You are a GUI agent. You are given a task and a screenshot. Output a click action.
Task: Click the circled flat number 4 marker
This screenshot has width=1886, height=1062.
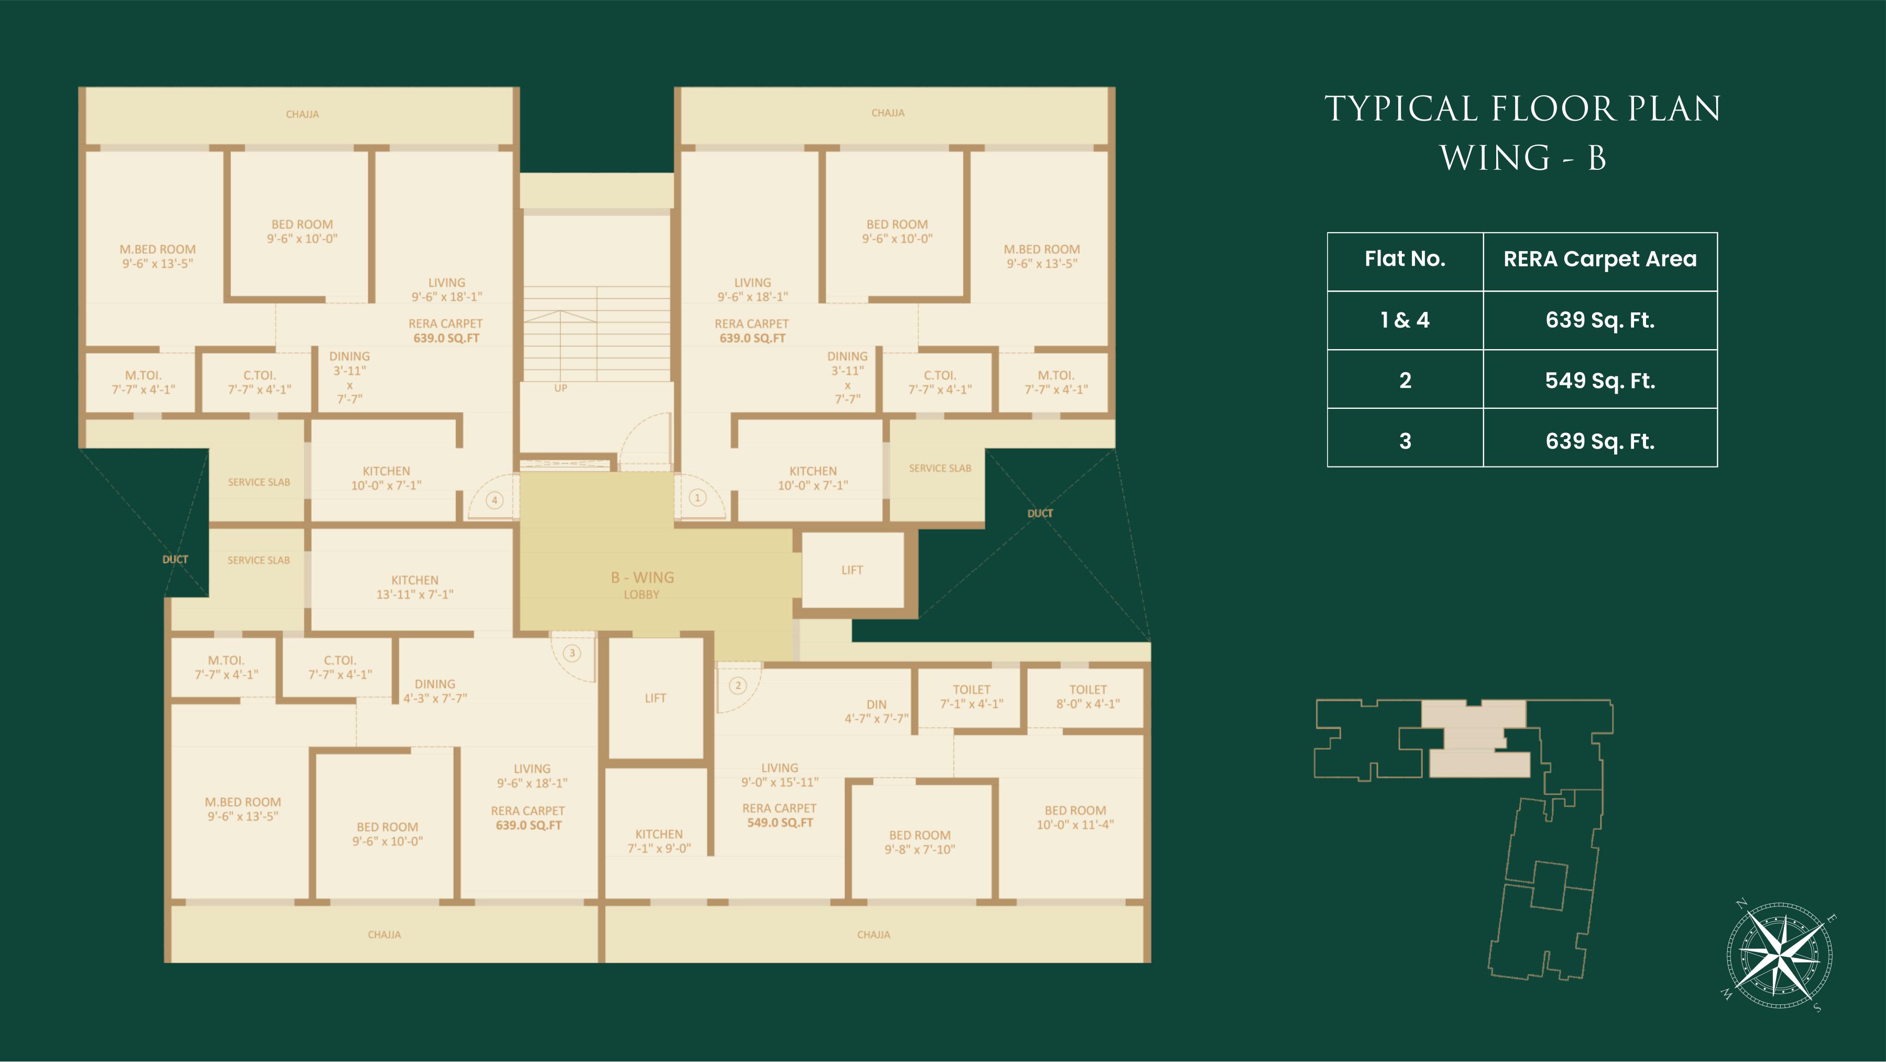(495, 500)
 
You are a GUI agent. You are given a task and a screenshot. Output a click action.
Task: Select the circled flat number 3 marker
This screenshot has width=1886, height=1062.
(572, 653)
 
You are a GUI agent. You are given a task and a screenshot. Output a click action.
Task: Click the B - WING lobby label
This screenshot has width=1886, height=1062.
(642, 585)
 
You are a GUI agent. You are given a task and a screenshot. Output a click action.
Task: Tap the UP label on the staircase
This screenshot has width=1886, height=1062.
(561, 388)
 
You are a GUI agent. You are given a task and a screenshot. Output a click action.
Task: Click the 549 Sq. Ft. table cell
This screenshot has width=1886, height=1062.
(1600, 380)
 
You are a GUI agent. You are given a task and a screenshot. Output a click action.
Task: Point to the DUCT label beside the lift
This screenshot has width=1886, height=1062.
(1039, 513)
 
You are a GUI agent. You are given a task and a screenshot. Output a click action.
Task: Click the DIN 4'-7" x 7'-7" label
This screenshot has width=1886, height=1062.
(876, 711)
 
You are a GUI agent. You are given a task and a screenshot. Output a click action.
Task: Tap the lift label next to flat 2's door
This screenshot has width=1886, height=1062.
(656, 698)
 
